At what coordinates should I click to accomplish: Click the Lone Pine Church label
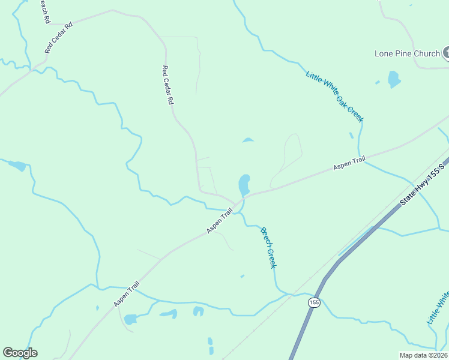[x=407, y=53]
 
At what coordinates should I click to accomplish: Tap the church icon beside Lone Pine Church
[x=447, y=54]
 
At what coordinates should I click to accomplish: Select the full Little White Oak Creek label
[x=334, y=96]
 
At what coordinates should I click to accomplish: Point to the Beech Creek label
[x=268, y=247]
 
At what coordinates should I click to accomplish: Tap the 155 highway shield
[x=314, y=302]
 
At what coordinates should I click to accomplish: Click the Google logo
[x=20, y=353]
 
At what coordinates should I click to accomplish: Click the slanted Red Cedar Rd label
[x=58, y=38]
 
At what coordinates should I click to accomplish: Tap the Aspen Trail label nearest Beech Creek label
[x=219, y=221]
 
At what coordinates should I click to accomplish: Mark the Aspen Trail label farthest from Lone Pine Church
[x=126, y=295]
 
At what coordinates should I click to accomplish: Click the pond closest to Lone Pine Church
[x=394, y=79]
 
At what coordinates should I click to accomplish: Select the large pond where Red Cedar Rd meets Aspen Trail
[x=244, y=185]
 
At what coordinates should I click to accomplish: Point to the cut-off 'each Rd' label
[x=44, y=11]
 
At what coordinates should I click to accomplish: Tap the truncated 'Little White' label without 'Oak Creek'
[x=438, y=307]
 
